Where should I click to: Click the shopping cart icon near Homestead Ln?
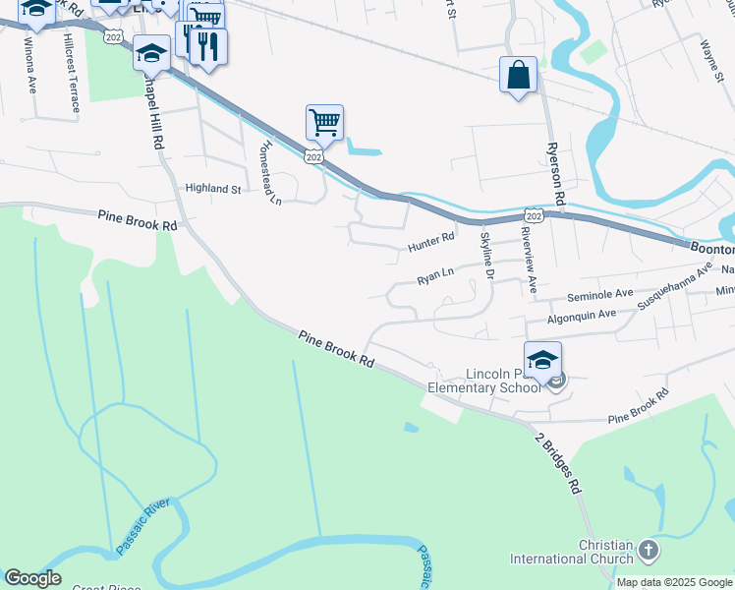click(x=324, y=123)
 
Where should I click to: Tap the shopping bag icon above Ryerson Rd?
click(x=518, y=75)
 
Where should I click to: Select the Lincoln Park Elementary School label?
click(x=483, y=381)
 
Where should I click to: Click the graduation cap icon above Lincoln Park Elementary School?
click(x=542, y=359)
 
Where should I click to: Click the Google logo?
click(x=32, y=578)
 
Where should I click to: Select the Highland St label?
click(x=213, y=188)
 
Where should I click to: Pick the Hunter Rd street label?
click(x=431, y=238)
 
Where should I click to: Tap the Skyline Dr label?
click(x=485, y=255)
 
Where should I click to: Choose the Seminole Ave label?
click(x=600, y=294)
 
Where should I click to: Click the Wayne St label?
click(x=712, y=57)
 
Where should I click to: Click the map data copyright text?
click(x=674, y=582)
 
